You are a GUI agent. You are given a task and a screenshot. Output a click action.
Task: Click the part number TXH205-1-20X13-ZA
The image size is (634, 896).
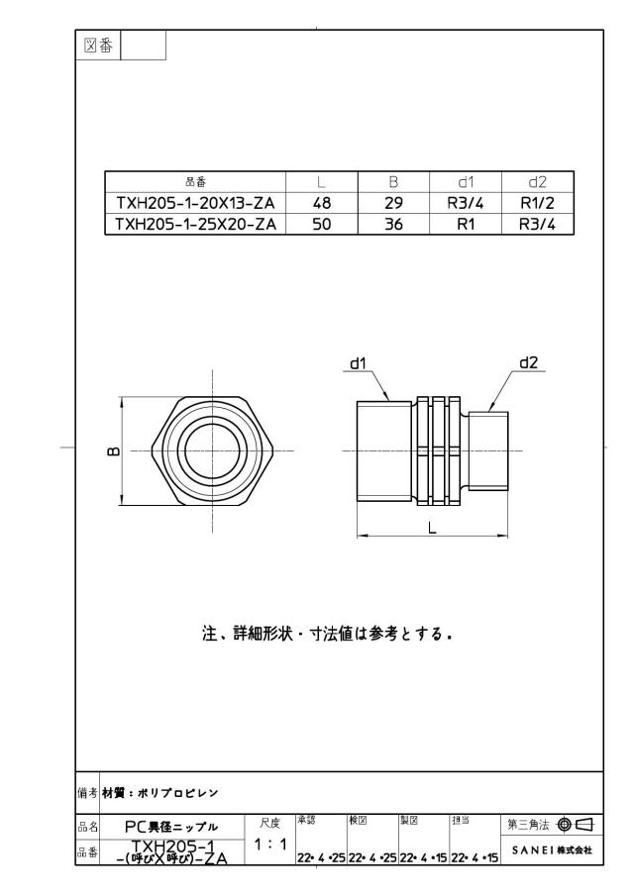pyautogui.click(x=195, y=203)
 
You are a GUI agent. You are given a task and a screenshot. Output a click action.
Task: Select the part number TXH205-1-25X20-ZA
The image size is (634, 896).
pyautogui.click(x=195, y=224)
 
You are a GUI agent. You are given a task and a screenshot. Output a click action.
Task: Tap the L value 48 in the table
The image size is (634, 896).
pyautogui.click(x=322, y=203)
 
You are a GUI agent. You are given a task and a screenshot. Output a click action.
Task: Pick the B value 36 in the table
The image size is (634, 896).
pyautogui.click(x=393, y=224)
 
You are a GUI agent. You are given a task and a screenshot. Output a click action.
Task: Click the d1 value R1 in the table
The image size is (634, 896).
pyautogui.click(x=466, y=224)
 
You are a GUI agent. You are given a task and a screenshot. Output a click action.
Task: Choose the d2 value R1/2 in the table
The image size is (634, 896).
pyautogui.click(x=537, y=203)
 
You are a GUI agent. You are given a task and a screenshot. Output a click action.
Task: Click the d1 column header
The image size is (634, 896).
pyautogui.click(x=466, y=182)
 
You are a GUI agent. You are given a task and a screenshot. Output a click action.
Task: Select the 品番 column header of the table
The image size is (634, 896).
pyautogui.click(x=195, y=182)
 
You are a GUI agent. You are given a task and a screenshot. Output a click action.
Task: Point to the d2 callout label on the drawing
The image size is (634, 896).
pyautogui.click(x=529, y=363)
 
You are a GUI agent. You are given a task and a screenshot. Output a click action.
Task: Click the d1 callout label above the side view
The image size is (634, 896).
pyautogui.click(x=358, y=363)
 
